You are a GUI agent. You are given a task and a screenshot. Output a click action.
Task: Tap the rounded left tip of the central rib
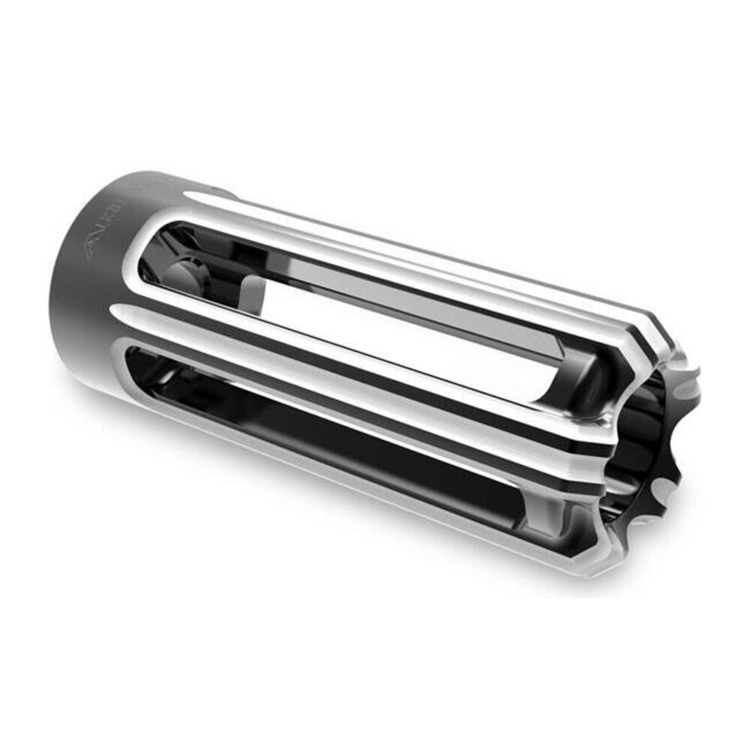pyautogui.click(x=116, y=311)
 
